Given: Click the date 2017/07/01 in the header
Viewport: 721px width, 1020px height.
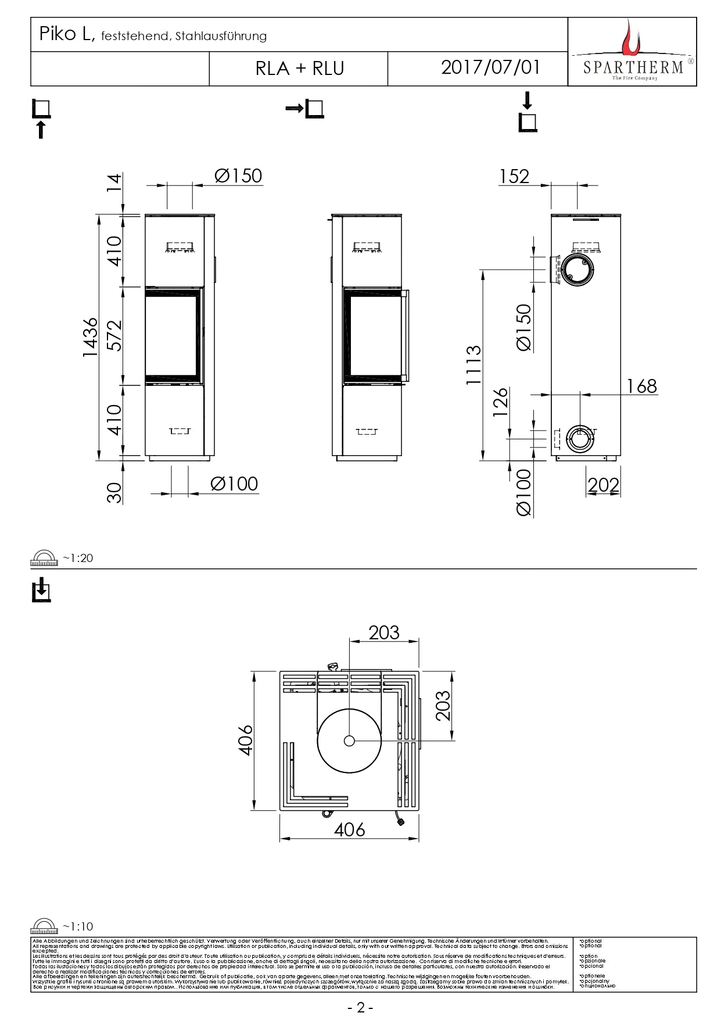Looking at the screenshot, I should (x=490, y=67).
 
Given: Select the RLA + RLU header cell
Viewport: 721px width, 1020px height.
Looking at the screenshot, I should (x=299, y=69).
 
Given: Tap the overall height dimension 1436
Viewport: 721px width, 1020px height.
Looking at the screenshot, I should (x=91, y=337).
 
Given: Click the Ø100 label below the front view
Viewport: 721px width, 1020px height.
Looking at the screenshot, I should (x=234, y=484).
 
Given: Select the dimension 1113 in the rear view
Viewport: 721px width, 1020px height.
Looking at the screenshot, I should (x=474, y=364).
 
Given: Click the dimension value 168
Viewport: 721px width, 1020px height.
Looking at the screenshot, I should (x=641, y=386).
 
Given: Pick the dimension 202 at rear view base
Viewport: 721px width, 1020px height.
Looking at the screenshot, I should (x=603, y=485).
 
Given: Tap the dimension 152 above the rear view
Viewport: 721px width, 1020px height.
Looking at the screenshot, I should (x=514, y=176).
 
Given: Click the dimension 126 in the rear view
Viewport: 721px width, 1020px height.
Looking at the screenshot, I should (x=500, y=402).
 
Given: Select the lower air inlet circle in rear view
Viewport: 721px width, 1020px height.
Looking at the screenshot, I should (x=579, y=438).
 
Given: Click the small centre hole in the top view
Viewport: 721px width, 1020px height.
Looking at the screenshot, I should (x=349, y=740).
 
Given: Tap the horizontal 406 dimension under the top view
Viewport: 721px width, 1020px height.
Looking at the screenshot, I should (x=349, y=829).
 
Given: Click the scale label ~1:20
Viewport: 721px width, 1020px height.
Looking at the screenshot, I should (x=78, y=558).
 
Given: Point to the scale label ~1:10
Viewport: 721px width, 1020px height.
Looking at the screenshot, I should (x=78, y=926).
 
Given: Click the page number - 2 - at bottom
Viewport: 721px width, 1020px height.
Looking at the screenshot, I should (x=360, y=1007).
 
